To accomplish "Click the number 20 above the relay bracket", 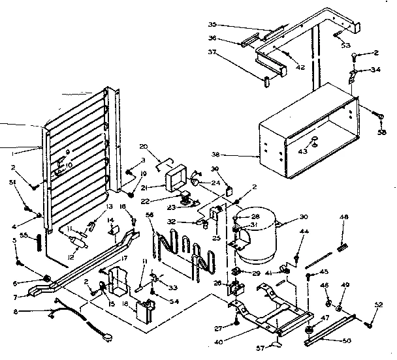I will point(144,147).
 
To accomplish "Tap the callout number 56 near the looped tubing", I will point(149,215).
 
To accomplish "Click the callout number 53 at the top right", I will point(345,46).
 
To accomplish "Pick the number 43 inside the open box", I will point(302,152).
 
